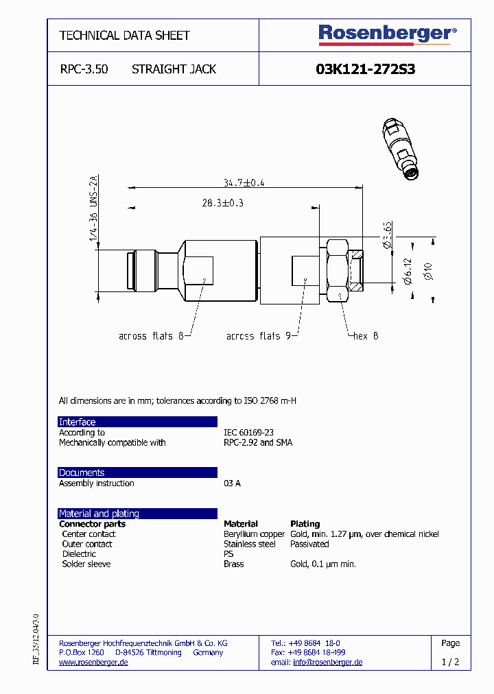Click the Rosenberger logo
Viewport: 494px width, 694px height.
[387, 34]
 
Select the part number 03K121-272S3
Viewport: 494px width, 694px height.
[365, 69]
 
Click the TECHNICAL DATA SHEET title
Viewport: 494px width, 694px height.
[124, 36]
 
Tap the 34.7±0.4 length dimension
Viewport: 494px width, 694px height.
[244, 182]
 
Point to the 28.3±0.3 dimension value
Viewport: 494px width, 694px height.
[223, 203]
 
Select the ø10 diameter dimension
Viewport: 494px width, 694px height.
[427, 271]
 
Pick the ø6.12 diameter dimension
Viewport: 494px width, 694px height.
[408, 272]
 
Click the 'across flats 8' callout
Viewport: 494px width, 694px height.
[151, 336]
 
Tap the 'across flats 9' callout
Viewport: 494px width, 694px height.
[259, 336]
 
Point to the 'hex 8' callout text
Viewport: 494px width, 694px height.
[365, 336]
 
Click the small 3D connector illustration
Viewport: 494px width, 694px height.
[401, 149]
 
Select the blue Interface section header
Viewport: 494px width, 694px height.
[137, 422]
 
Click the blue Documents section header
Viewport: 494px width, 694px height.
[137, 472]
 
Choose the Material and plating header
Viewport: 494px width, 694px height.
[137, 514]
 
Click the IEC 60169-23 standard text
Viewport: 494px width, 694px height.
[248, 433]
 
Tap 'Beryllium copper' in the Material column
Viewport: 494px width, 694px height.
[254, 534]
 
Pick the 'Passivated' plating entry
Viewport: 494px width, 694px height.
[309, 544]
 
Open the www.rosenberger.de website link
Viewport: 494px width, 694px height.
[93, 662]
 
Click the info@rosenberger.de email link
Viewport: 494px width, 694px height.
[327, 662]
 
